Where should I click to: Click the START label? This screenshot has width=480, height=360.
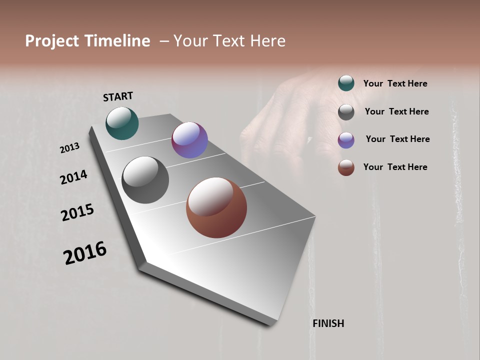click(x=118, y=96)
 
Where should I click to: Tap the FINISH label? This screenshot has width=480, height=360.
click(x=328, y=323)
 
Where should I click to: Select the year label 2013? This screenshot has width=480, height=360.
click(x=70, y=148)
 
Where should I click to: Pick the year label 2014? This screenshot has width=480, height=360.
click(x=73, y=177)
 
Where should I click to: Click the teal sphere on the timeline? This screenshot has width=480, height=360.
click(x=122, y=123)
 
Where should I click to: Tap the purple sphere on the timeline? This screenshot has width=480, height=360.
click(x=189, y=140)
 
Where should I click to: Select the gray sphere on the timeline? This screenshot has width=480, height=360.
click(x=145, y=180)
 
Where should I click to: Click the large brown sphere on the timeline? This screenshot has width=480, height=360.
click(x=216, y=207)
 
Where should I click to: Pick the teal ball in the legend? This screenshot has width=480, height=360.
click(x=346, y=83)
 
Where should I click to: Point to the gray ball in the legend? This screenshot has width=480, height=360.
click(x=346, y=112)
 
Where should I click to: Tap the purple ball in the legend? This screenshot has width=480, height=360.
click(x=346, y=140)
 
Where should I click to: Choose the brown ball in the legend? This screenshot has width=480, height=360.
click(x=346, y=167)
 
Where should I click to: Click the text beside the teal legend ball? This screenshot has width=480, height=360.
click(x=395, y=83)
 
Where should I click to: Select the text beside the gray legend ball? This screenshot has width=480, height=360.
click(x=396, y=111)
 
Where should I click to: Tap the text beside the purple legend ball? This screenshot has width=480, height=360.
click(x=397, y=139)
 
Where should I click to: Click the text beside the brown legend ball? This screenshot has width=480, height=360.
click(x=395, y=167)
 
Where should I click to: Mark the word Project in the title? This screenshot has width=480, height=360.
click(x=52, y=41)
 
